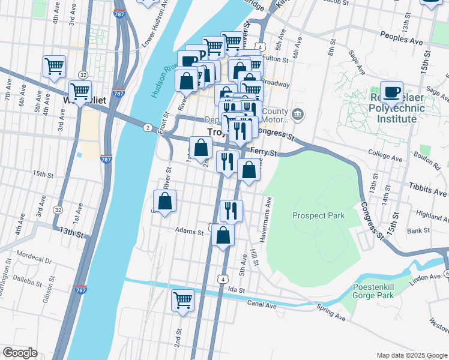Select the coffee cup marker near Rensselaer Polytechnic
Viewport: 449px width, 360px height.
[x=392, y=92]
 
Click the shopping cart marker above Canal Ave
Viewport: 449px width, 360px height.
[x=183, y=300]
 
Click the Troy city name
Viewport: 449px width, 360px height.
[x=215, y=131]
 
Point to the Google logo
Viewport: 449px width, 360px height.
[x=20, y=353]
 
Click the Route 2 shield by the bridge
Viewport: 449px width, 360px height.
[x=147, y=127]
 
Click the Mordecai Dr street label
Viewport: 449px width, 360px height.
[x=34, y=259]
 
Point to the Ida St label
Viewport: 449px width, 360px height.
[x=237, y=290]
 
